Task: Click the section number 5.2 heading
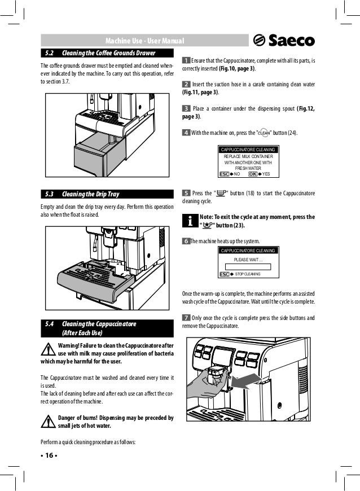click(49, 53)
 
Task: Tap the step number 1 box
click(186, 60)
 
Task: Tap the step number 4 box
click(186, 133)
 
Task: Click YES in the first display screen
click(266, 173)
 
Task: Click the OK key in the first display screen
click(253, 173)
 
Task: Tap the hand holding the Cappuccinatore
click(206, 392)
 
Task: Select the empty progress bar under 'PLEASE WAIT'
click(248, 267)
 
